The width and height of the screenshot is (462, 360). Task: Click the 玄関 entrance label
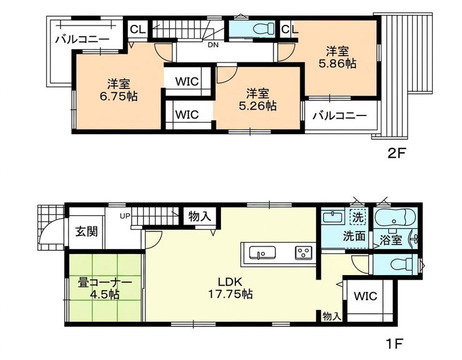coord(86,231)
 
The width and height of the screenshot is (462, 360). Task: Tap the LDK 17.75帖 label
coord(230,288)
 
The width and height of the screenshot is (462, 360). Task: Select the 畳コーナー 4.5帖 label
coord(105,289)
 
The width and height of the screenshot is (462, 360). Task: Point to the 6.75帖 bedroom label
coord(119,90)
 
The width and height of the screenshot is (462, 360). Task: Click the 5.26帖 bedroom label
coord(257,99)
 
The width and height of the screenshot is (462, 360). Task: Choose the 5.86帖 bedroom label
coord(337,57)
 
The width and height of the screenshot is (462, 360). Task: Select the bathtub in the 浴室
coord(395,218)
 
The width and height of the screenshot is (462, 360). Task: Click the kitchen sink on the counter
coord(262,253)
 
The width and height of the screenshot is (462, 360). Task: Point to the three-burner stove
coord(303,253)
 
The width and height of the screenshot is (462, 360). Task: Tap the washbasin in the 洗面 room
coord(333,217)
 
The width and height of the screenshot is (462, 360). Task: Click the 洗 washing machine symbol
coord(358,217)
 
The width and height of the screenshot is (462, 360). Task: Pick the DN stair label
coord(213,46)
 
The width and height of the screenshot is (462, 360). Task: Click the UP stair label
coord(125,216)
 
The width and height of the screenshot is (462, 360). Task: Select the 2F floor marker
coord(396,153)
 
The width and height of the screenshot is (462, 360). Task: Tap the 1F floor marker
coord(394,344)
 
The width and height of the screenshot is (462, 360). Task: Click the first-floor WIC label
coord(365,296)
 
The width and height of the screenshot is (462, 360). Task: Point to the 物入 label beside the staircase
coord(200,216)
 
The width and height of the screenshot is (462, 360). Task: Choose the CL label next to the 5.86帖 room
coord(289,29)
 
